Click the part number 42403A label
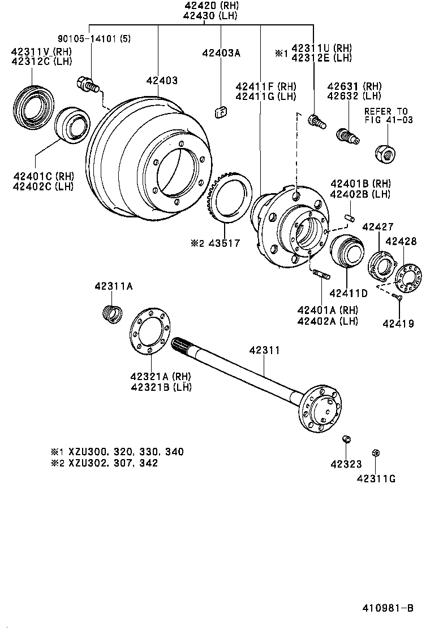tap(221, 53)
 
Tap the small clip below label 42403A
tap(221, 112)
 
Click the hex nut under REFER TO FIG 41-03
tap(386, 151)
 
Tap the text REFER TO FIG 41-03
tap(388, 115)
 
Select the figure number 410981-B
tap(388, 608)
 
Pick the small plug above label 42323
tap(349, 439)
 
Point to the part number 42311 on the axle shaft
tap(264, 351)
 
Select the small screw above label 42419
tap(398, 297)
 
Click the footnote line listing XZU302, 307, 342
tap(105, 463)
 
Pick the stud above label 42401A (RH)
tap(320, 275)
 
